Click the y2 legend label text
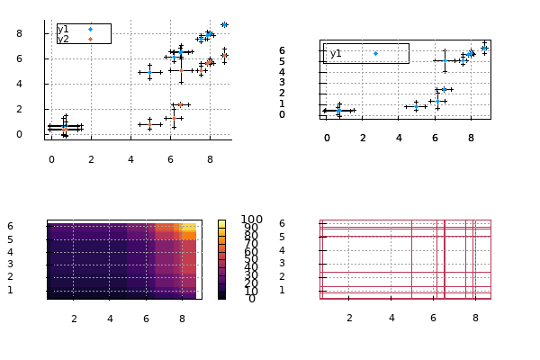63,39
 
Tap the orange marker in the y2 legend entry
90,39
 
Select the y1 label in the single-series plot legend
336,54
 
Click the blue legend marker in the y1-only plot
375,54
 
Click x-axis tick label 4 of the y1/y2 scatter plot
130,158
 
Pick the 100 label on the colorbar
252,220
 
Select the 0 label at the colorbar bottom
252,298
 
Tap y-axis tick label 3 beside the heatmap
35,264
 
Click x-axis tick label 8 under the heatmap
182,318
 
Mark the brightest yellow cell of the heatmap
188,227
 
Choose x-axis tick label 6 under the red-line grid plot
433,318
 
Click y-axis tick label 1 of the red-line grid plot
307,290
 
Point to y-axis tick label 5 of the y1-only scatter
307,61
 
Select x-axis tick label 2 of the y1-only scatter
363,138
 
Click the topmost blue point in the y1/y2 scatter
224,25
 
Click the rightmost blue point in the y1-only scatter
484,48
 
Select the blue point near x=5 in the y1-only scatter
416,106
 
